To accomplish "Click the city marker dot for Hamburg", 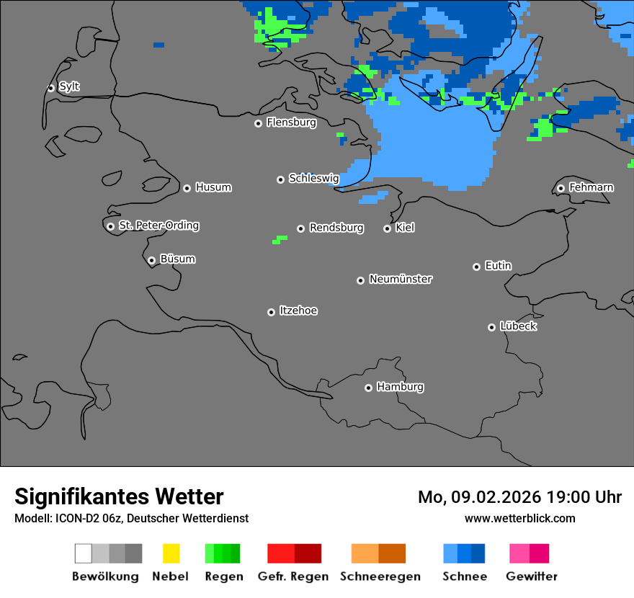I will coord(368,388).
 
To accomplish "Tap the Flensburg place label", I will coord(291,122).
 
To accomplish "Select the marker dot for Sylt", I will coord(51,88).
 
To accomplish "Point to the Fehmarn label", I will coord(591,187).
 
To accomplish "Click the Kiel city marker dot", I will coord(387,228).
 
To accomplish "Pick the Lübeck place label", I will coord(518,326).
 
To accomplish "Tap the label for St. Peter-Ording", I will coord(158,226).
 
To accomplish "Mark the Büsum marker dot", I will coord(151,260).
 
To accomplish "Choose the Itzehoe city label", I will coord(298,311).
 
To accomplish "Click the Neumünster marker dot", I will coord(360,280).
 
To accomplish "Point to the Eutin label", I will coord(498,266).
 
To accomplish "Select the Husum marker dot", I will coord(187,188).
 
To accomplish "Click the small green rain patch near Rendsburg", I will coord(279,239).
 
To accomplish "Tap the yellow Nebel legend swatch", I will coord(171,553).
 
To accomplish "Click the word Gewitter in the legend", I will coord(531,576).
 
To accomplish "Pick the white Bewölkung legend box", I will coord(83,553).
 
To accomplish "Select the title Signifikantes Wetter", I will coord(119,497).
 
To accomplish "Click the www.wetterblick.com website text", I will coord(519,518).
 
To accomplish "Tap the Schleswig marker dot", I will coord(280,179).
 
